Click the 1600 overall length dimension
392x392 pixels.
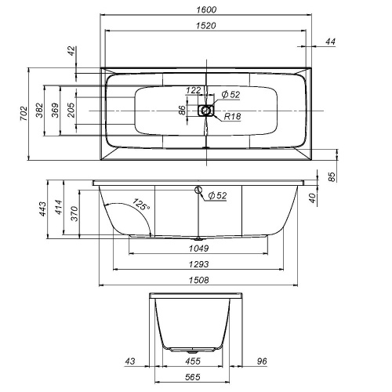pos(207,9)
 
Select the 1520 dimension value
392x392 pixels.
pos(207,25)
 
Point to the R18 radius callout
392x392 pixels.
pos(231,117)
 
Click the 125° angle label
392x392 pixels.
pos(140,205)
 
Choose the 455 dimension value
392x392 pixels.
pos(192,361)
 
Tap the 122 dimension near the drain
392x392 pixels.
pos(194,90)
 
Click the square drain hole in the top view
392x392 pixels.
pos(206,111)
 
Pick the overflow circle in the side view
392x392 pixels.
pos(198,190)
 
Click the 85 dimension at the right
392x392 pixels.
pos(331,178)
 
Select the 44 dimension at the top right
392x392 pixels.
pos(330,42)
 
